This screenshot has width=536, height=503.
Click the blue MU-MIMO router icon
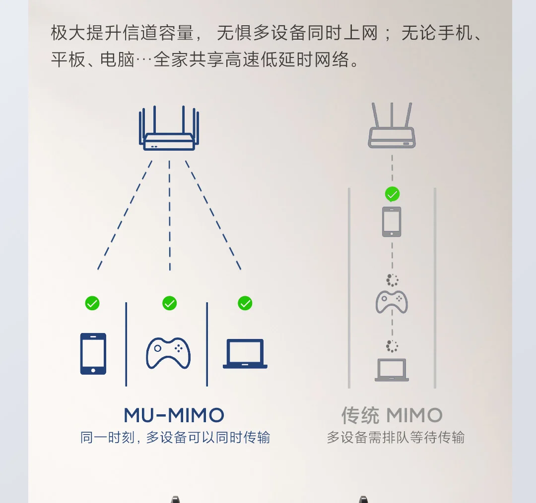click(169, 130)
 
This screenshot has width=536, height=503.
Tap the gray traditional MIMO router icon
click(392, 127)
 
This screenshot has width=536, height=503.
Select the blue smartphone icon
click(93, 353)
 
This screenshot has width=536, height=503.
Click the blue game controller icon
click(168, 353)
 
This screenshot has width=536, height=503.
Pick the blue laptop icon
click(245, 354)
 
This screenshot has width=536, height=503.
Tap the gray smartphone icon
click(392, 222)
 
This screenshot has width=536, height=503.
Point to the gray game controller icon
click(392, 302)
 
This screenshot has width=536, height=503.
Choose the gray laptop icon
click(392, 370)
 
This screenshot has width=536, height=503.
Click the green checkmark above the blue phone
click(92, 303)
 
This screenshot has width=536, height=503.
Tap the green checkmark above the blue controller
click(170, 303)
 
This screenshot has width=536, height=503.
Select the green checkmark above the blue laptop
click(245, 303)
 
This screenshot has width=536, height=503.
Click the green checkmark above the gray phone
click(392, 194)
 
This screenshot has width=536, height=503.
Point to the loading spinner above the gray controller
click(392, 280)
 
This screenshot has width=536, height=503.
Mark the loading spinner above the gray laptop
click(392, 346)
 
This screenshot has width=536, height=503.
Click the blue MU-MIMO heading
click(174, 415)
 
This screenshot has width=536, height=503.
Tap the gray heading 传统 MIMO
click(392, 415)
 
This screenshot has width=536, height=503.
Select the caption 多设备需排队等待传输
click(396, 438)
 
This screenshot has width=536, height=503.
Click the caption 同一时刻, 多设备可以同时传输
click(175, 438)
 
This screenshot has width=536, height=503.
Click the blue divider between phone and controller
click(126, 344)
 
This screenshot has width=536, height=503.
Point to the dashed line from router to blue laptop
click(213, 215)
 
